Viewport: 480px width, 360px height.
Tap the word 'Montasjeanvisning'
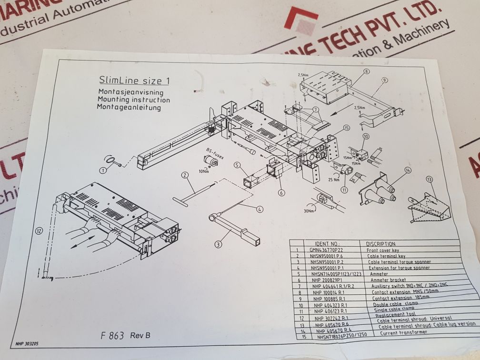130,92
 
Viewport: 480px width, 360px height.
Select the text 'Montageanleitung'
129,108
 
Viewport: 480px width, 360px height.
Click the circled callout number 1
103,170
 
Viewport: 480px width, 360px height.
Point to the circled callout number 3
218,245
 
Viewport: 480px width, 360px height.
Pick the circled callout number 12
39,232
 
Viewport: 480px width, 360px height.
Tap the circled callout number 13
430,179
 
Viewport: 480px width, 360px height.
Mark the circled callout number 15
346,128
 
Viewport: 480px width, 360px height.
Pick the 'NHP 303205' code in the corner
27,342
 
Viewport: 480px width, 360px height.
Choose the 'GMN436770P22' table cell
326,250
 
